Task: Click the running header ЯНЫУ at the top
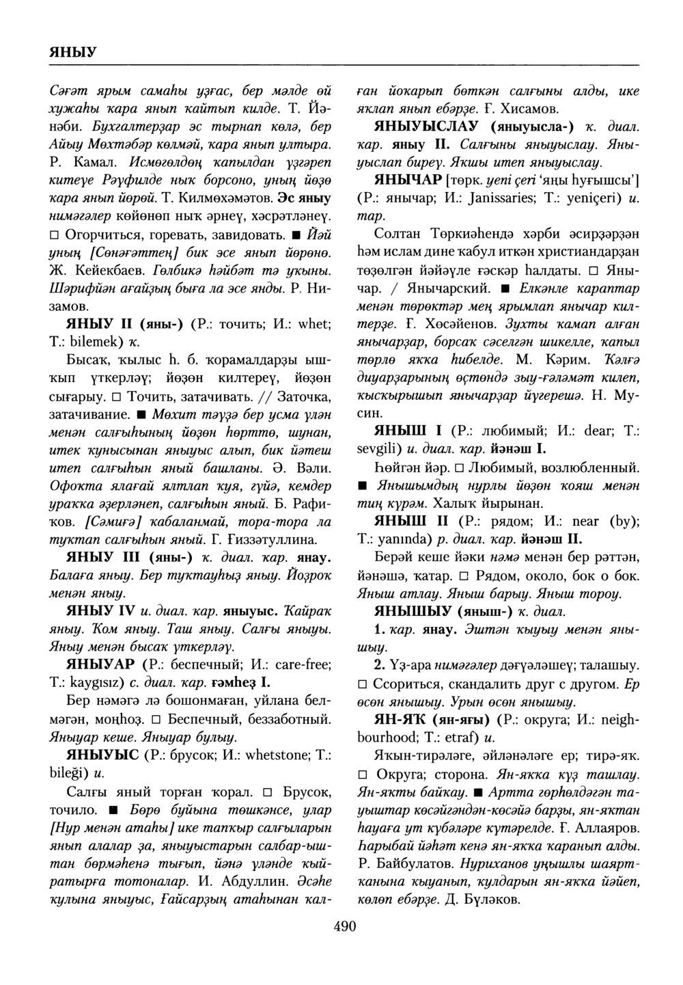click(x=72, y=52)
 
